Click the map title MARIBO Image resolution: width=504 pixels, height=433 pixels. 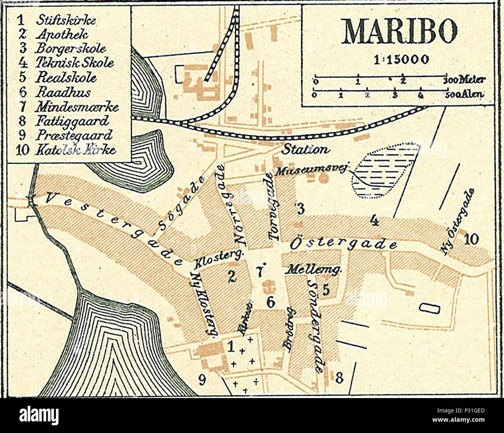[x=398, y=31]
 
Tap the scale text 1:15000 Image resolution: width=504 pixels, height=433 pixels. [x=398, y=59]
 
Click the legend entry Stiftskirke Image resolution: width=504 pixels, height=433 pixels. [x=66, y=21]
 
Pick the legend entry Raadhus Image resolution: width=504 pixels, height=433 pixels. [x=63, y=92]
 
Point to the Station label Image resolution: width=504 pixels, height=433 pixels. [x=305, y=149]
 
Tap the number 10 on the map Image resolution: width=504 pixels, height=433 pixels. [x=471, y=239]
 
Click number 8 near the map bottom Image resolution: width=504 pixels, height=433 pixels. [x=339, y=377]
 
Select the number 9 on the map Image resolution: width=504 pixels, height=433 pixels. [x=202, y=380]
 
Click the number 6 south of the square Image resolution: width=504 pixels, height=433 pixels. [x=271, y=302]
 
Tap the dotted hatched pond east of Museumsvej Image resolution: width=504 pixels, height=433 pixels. [x=384, y=170]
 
